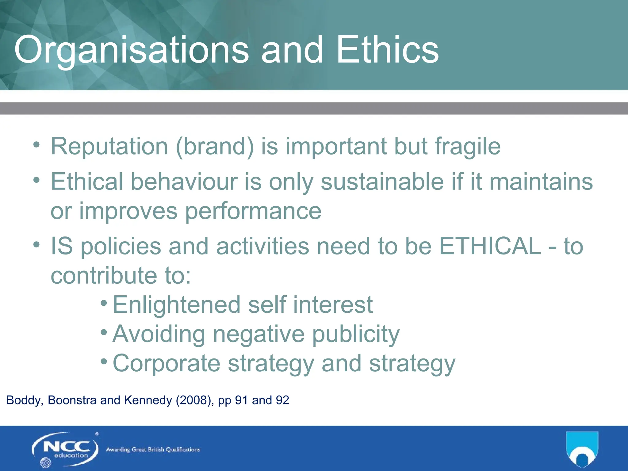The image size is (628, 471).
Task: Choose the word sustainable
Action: coord(382,182)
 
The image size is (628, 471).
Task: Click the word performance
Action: coord(253,212)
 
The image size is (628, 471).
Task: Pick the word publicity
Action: coord(356,334)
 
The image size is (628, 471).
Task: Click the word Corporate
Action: coord(167,363)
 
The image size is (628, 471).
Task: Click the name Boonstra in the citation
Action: coord(72,400)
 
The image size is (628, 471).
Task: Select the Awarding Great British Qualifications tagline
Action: coord(153,450)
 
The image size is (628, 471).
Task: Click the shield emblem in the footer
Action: coord(582,449)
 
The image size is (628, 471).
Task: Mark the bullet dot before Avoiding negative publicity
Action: coord(104,332)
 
